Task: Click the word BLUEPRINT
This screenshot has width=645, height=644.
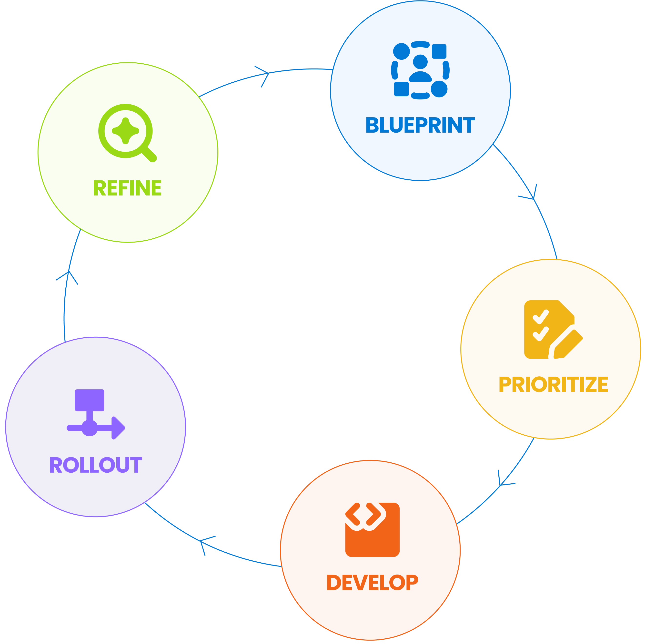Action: coord(420,125)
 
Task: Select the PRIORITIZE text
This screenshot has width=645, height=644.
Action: coord(553,385)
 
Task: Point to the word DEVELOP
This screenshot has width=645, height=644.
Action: coord(372,583)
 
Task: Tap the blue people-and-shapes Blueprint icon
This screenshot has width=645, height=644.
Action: coord(420,70)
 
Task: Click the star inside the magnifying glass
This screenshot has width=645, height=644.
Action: coord(125,131)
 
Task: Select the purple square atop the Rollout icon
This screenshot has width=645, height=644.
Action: coord(90,400)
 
